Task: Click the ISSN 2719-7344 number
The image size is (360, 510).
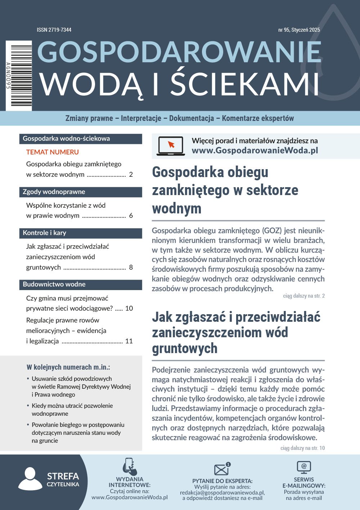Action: coord(54,30)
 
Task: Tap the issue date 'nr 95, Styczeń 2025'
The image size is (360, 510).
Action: coord(299,30)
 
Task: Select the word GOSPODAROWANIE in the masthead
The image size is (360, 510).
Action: coord(179,52)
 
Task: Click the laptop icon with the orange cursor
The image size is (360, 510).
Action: coord(171,146)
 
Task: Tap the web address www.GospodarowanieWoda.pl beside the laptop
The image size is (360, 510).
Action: coord(255,150)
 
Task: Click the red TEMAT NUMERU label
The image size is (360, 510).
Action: coord(53,152)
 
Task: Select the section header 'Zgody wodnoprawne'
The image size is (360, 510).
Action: coord(54,192)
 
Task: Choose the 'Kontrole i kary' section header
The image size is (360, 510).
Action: coord(45,233)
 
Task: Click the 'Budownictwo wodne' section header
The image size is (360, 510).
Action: coord(54,284)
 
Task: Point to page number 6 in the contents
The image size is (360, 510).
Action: coord(131,216)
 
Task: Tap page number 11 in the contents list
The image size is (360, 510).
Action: coord(129,341)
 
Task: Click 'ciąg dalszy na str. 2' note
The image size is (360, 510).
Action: coord(304,296)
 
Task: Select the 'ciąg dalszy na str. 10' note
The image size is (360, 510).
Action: coord(302,448)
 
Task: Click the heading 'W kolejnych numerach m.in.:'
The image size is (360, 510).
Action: coord(68,367)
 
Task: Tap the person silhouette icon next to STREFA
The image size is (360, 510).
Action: coord(30,479)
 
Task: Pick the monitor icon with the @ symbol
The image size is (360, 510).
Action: coord(304,467)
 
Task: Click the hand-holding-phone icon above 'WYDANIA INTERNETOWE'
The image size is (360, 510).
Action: coord(129,467)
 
